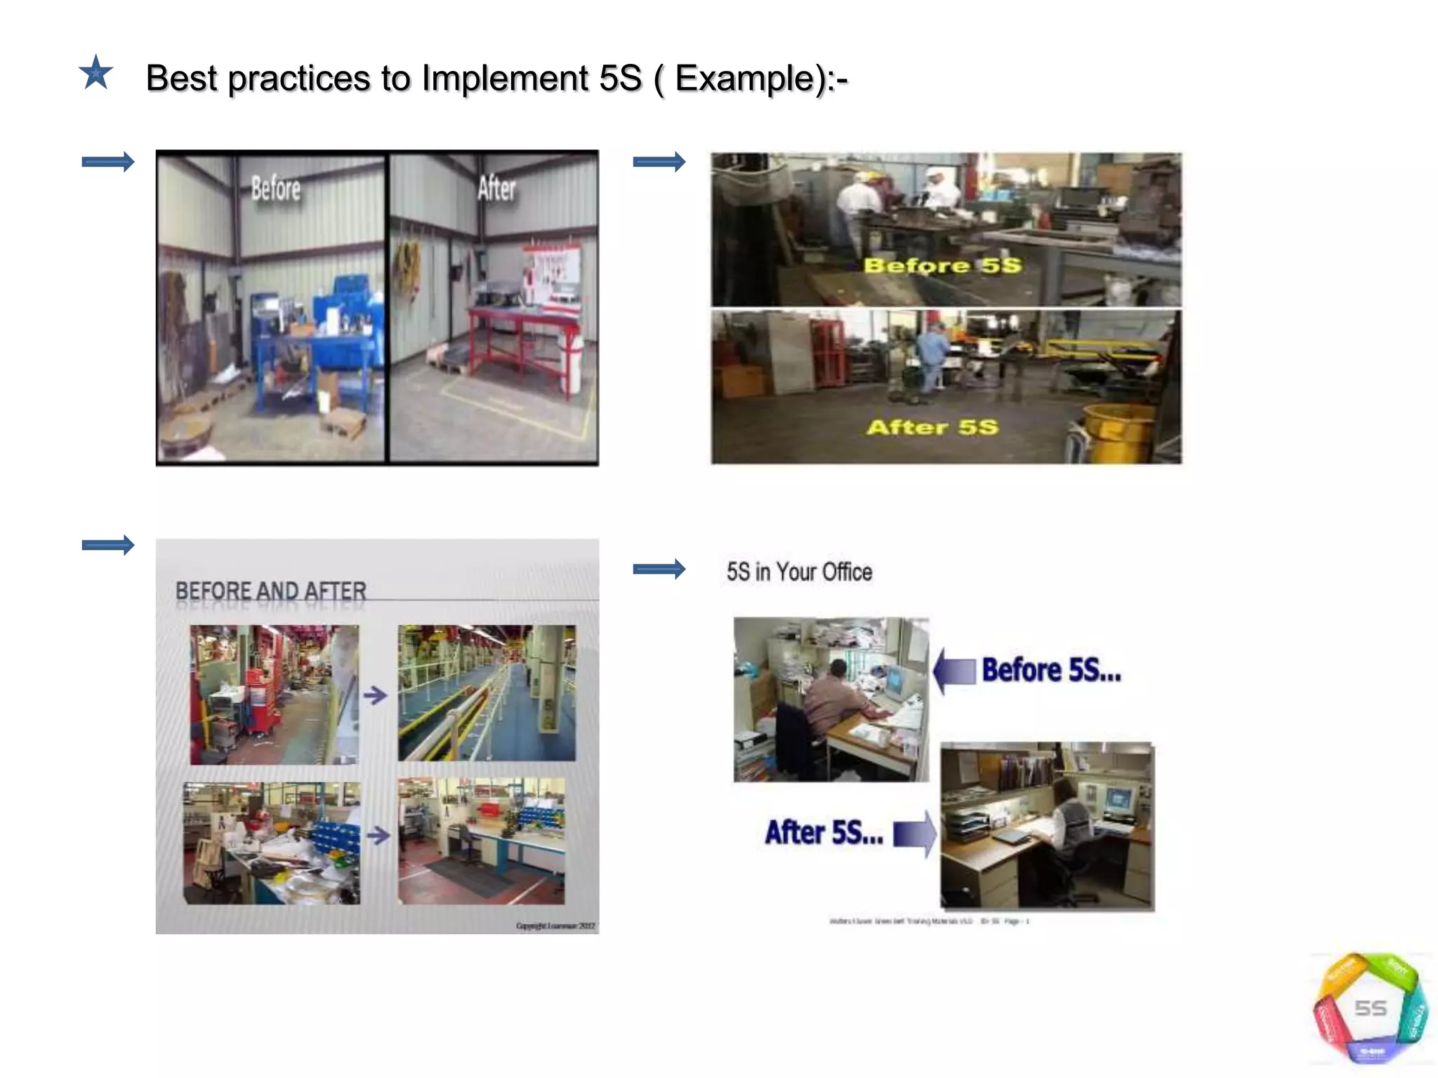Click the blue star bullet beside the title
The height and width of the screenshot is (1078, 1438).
coord(95,73)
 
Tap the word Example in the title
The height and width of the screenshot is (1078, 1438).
coord(744,78)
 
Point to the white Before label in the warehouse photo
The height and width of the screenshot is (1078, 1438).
coord(276,189)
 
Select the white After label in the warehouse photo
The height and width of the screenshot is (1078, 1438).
coord(496,188)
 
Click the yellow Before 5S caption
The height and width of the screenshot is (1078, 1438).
coord(942,265)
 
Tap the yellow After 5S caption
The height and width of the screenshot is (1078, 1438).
coord(932,427)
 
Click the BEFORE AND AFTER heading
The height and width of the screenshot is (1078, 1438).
coord(271,591)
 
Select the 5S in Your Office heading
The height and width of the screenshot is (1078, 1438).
coord(799,572)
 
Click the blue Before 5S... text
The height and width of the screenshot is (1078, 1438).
coord(1051,670)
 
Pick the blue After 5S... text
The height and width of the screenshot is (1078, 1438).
coord(824,833)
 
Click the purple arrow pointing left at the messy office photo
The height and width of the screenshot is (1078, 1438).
coord(954,671)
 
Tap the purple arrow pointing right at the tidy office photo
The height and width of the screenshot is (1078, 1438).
coord(915,834)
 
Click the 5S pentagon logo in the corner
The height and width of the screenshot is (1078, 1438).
coord(1370,1009)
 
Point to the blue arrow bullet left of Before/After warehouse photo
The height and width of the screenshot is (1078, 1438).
coord(107,162)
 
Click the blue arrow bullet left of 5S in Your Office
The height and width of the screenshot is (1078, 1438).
coord(659,569)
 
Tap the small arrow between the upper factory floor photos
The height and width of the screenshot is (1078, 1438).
coord(376,696)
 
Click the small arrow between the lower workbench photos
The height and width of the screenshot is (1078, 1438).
coord(378,835)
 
